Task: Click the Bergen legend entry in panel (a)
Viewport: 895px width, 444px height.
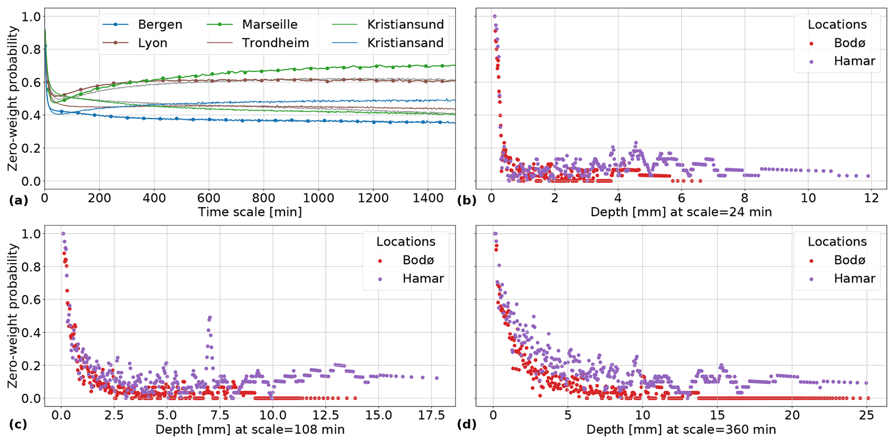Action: click(160, 25)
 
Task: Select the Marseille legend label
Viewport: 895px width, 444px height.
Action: click(269, 25)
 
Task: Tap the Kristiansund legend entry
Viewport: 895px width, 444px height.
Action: click(405, 25)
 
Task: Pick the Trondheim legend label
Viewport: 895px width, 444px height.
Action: click(275, 43)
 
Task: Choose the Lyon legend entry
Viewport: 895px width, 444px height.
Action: click(152, 43)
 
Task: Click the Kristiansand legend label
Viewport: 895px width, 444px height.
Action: click(405, 43)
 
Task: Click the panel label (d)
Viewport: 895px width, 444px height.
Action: click(467, 425)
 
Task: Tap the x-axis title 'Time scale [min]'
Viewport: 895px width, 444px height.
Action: click(250, 212)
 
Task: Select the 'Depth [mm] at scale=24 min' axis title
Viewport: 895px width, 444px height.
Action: click(681, 212)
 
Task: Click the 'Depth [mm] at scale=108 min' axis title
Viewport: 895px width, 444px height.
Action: click(250, 430)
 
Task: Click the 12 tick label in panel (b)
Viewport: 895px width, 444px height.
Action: click(872, 198)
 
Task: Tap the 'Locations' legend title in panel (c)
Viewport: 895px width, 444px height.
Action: click(406, 241)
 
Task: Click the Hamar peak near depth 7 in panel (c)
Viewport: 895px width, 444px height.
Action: click(210, 318)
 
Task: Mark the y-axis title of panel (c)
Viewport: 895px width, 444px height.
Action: click(13, 316)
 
